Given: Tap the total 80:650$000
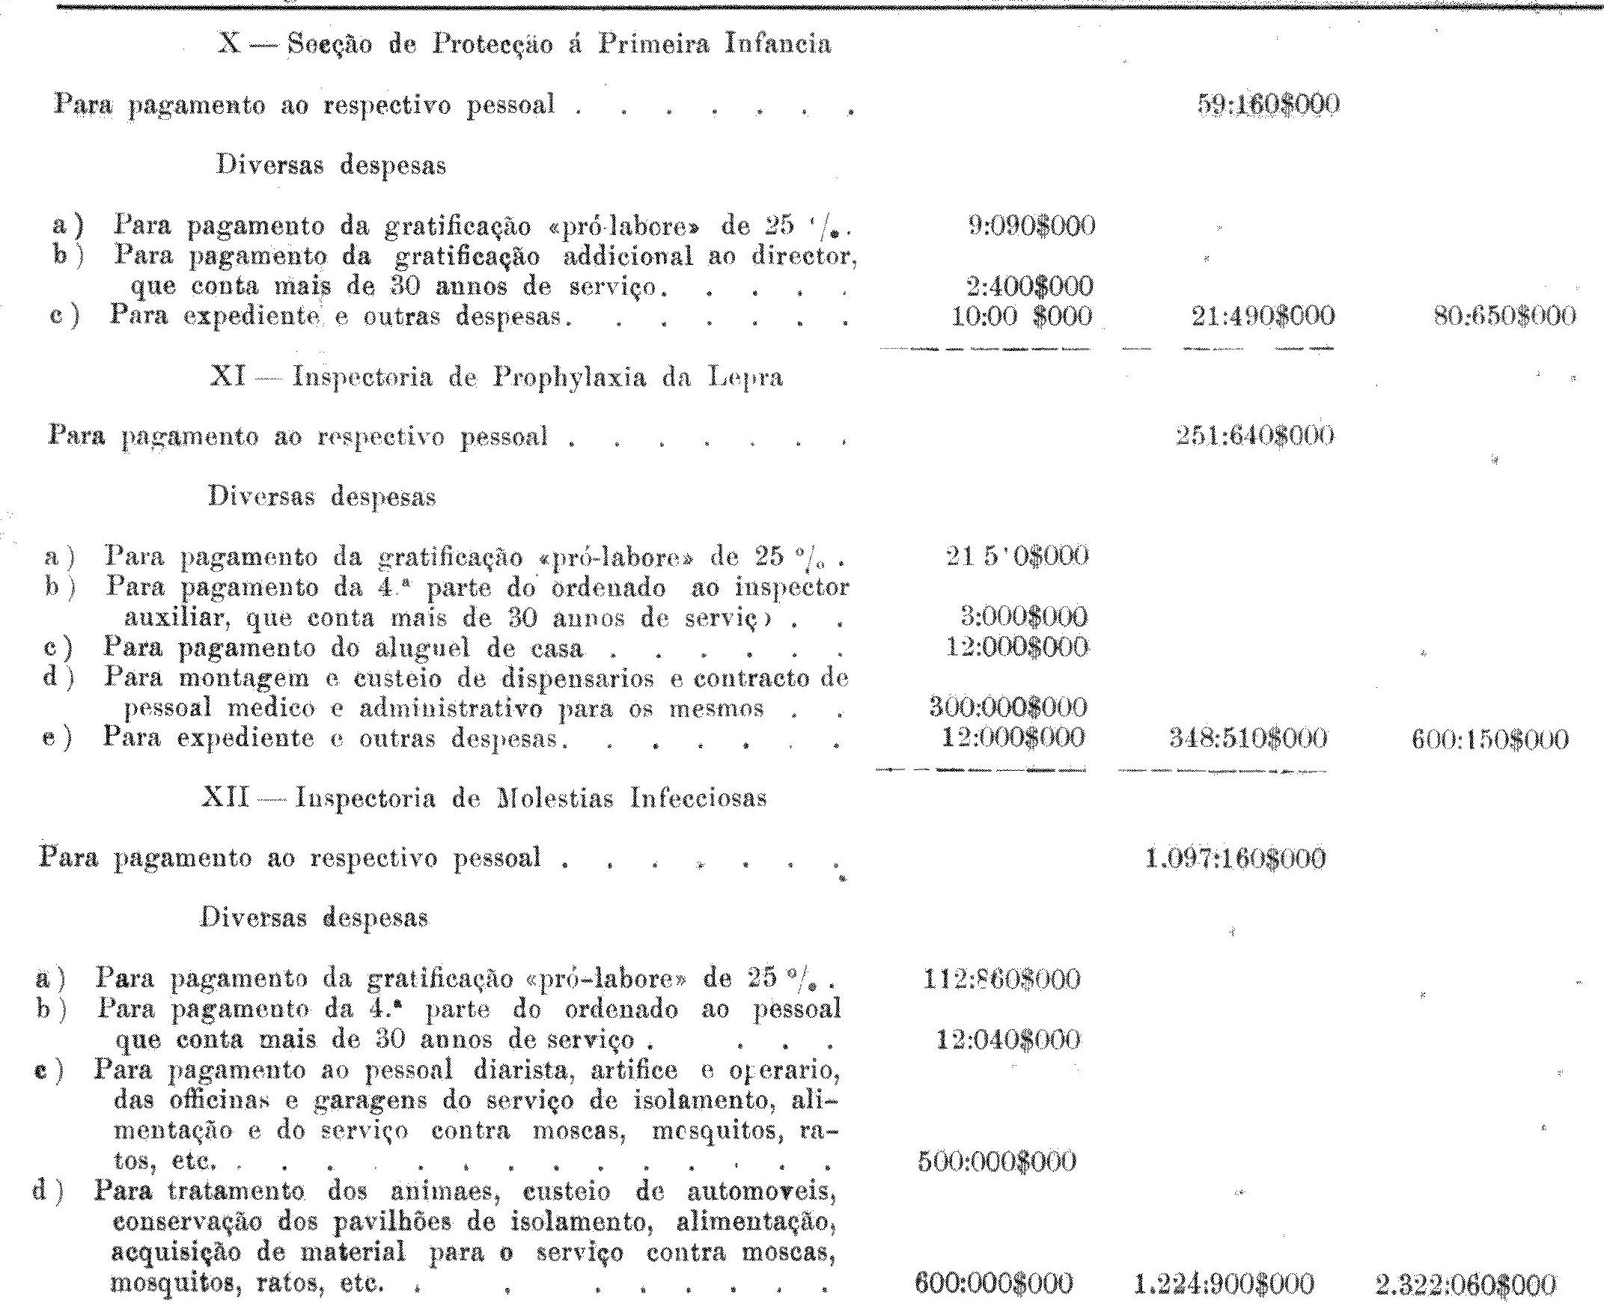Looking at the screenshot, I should [1504, 316].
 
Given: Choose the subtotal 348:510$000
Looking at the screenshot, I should [1246, 738].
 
